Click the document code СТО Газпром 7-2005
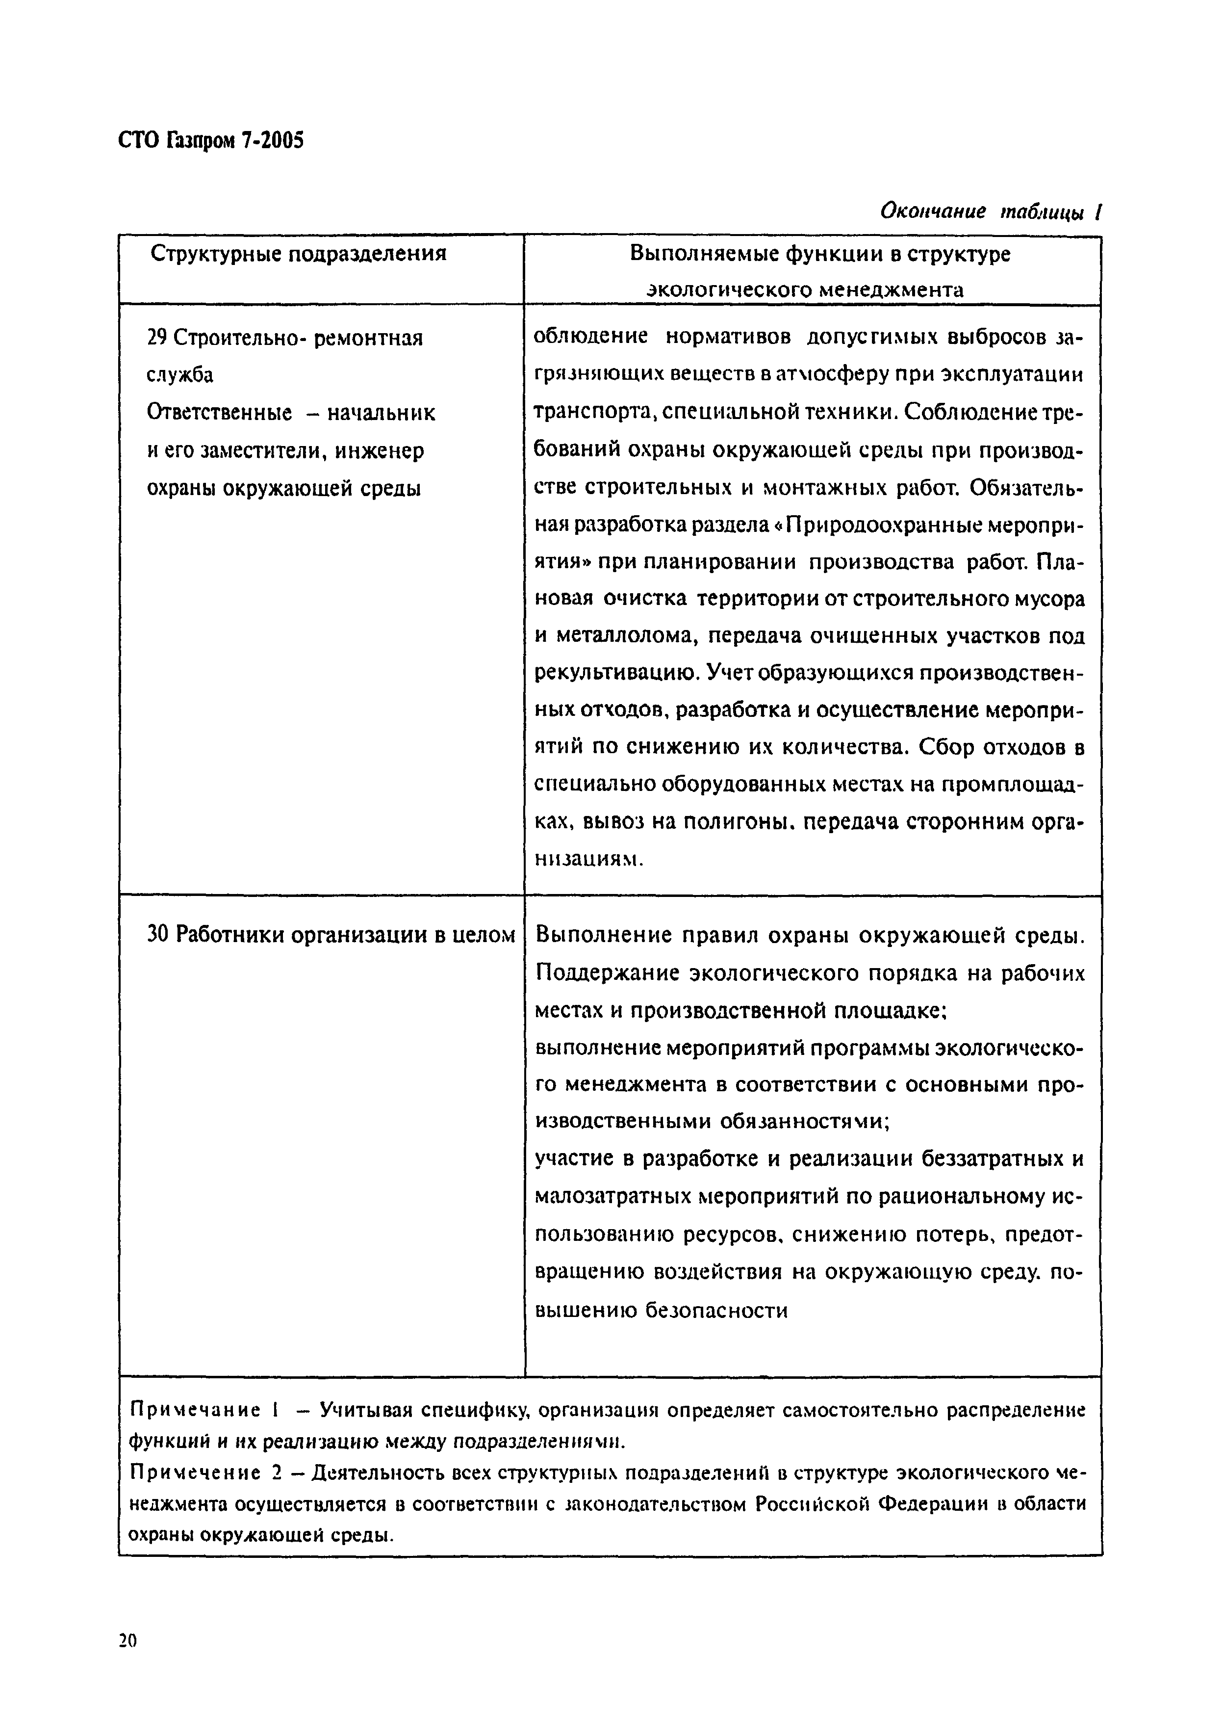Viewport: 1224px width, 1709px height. point(211,141)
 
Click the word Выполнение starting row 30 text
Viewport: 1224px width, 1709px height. point(603,935)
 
